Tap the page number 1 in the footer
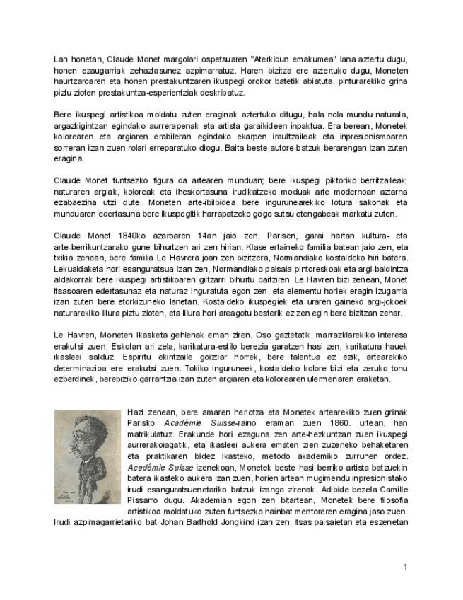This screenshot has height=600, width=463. [405, 567]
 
